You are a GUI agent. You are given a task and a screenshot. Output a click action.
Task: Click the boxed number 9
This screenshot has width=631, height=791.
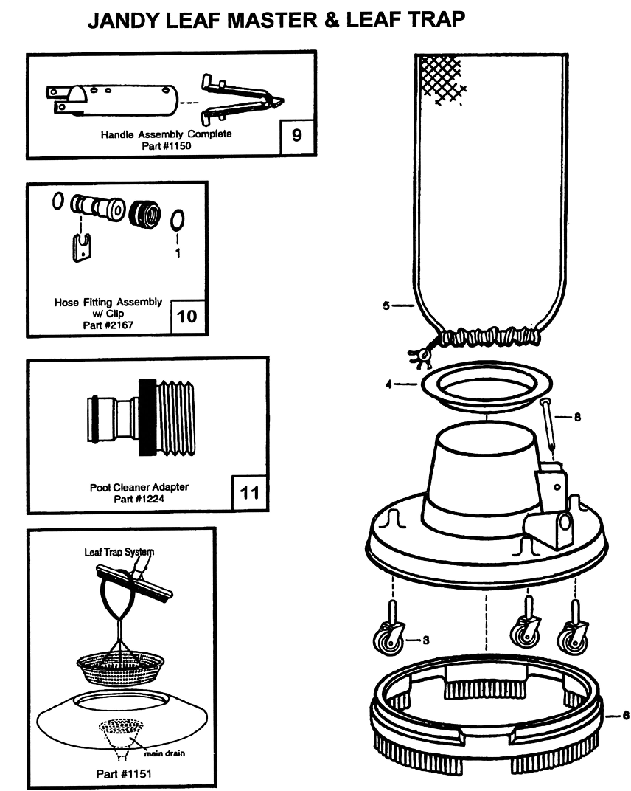297,135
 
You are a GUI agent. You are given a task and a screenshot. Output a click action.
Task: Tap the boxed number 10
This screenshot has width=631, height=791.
187,317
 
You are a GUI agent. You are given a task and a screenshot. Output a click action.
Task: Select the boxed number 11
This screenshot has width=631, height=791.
249,492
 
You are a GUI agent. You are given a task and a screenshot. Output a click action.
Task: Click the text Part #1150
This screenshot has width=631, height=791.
167,146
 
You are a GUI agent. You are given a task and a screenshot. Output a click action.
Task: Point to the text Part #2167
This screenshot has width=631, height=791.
108,325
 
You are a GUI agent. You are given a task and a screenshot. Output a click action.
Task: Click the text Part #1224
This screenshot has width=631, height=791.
139,499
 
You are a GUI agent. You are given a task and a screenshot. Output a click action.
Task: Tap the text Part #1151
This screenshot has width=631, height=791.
124,773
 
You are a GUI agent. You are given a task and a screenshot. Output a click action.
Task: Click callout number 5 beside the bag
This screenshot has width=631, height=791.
386,305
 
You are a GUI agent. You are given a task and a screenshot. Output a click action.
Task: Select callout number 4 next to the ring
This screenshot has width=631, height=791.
388,384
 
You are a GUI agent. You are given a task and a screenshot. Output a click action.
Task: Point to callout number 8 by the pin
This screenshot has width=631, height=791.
577,417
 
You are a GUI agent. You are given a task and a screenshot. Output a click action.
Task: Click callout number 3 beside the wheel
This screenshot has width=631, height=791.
426,640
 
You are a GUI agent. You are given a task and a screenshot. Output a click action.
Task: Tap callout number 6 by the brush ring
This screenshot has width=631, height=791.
625,715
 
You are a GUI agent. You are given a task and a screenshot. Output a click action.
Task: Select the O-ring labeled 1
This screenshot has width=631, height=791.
177,219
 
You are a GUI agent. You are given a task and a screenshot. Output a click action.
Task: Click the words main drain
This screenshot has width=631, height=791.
164,753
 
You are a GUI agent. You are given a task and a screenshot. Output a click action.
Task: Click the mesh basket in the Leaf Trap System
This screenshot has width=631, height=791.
120,666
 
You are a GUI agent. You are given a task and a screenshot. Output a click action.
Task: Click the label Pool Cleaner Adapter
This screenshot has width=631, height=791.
139,487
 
